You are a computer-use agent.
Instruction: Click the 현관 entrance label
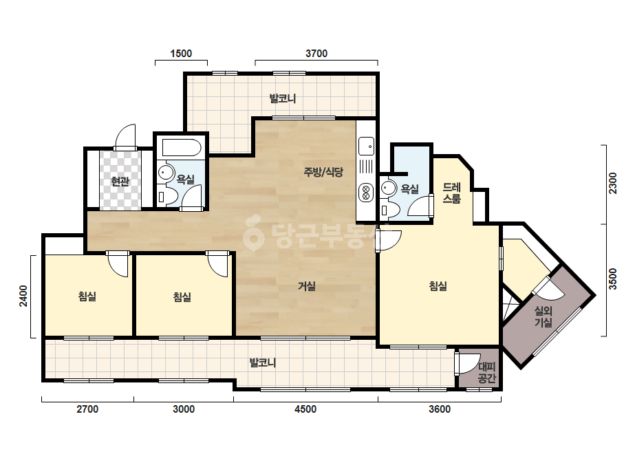coord(120,181)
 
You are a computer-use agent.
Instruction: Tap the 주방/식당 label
coord(323,172)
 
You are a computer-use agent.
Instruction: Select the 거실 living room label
coord(307,286)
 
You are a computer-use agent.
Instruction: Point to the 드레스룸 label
coord(451,193)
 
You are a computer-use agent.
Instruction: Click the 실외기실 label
coord(543,316)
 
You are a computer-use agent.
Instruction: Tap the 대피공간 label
coord(487,373)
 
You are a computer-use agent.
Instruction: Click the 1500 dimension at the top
coord(181,54)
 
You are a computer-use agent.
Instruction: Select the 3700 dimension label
coord(316,54)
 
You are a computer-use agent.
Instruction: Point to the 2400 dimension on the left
coord(23,296)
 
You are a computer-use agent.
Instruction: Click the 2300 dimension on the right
coord(613,184)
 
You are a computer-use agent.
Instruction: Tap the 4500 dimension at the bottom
coord(305,409)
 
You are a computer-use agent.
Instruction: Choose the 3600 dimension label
coord(440,409)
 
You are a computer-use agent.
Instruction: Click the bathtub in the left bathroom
coord(182,147)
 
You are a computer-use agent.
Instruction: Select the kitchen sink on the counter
coord(366,147)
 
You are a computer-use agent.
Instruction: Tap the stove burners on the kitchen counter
coord(366,192)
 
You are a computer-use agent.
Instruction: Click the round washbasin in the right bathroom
coord(389,188)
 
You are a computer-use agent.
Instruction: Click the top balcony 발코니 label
coord(283,98)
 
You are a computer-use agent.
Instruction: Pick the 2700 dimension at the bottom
coord(87,409)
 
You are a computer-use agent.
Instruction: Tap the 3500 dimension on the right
coord(613,279)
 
